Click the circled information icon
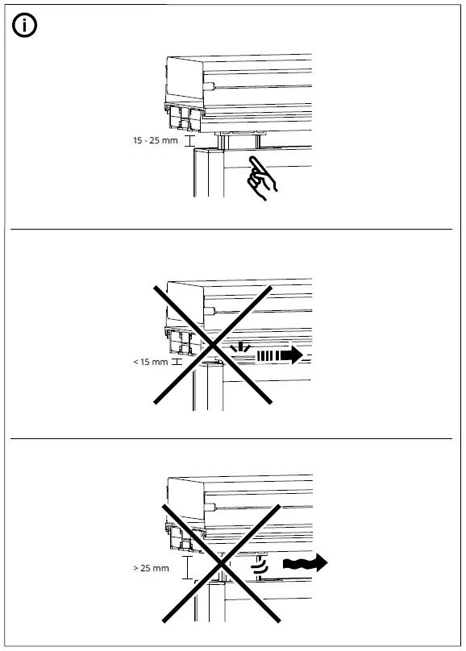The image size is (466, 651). pos(25,25)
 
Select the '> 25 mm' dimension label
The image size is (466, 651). pos(151,568)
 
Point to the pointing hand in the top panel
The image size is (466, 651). pos(262,179)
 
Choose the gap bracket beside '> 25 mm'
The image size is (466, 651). pos(186,567)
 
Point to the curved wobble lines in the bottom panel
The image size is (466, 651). pos(260,563)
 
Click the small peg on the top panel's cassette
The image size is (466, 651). pos(209,84)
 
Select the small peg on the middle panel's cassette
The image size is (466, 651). pos(208,309)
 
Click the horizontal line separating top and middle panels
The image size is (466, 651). pos(232,230)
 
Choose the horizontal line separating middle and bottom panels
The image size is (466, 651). pos(232,439)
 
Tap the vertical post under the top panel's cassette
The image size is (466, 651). pos(207,173)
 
